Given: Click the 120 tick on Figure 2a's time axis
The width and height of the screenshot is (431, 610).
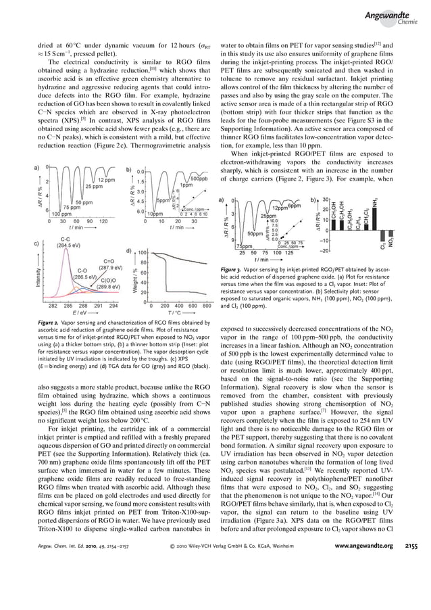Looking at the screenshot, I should [x=103, y=220].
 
